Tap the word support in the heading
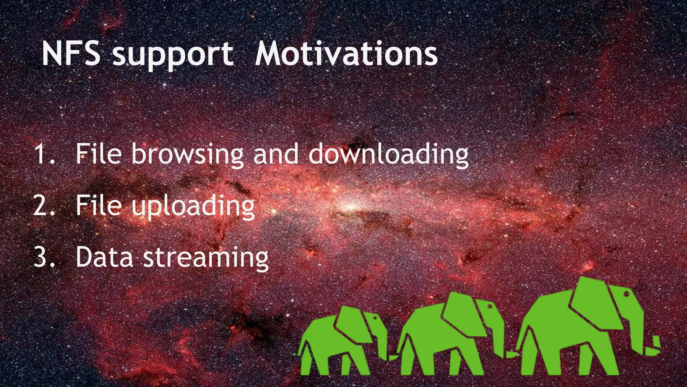pyautogui.click(x=173, y=55)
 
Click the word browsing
pyautogui.click(x=188, y=155)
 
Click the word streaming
pyautogui.click(x=206, y=258)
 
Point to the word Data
pyautogui.click(x=104, y=257)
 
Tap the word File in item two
pyautogui.click(x=98, y=206)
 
